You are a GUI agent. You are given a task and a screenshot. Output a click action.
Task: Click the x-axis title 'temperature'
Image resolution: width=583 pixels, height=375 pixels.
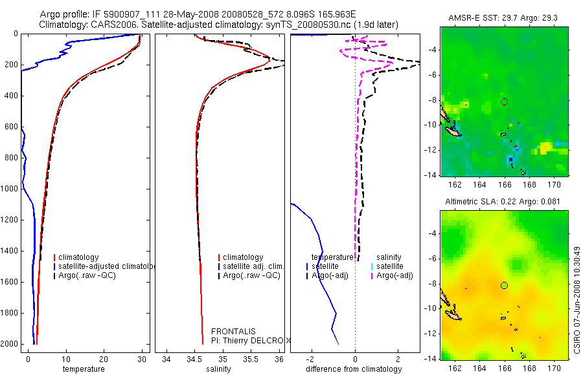(84, 369)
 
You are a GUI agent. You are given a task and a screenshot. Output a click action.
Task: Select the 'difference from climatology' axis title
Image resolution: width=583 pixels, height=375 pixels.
(354, 369)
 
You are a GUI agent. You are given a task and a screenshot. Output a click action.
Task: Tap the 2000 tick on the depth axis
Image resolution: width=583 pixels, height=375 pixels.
(10, 344)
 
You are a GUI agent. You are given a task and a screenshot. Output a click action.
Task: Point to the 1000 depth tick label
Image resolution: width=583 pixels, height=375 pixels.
(10, 189)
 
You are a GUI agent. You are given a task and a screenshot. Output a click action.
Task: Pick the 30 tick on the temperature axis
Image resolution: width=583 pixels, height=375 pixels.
(142, 359)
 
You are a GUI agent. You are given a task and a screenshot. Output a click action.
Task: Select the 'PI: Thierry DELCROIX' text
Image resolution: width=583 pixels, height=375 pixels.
(250, 340)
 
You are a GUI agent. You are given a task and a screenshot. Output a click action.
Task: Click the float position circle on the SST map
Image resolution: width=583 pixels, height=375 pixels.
(505, 102)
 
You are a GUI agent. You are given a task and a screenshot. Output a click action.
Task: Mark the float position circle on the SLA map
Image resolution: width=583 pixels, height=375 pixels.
(505, 285)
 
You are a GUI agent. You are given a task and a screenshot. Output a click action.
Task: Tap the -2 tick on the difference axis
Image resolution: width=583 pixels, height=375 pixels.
(312, 359)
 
